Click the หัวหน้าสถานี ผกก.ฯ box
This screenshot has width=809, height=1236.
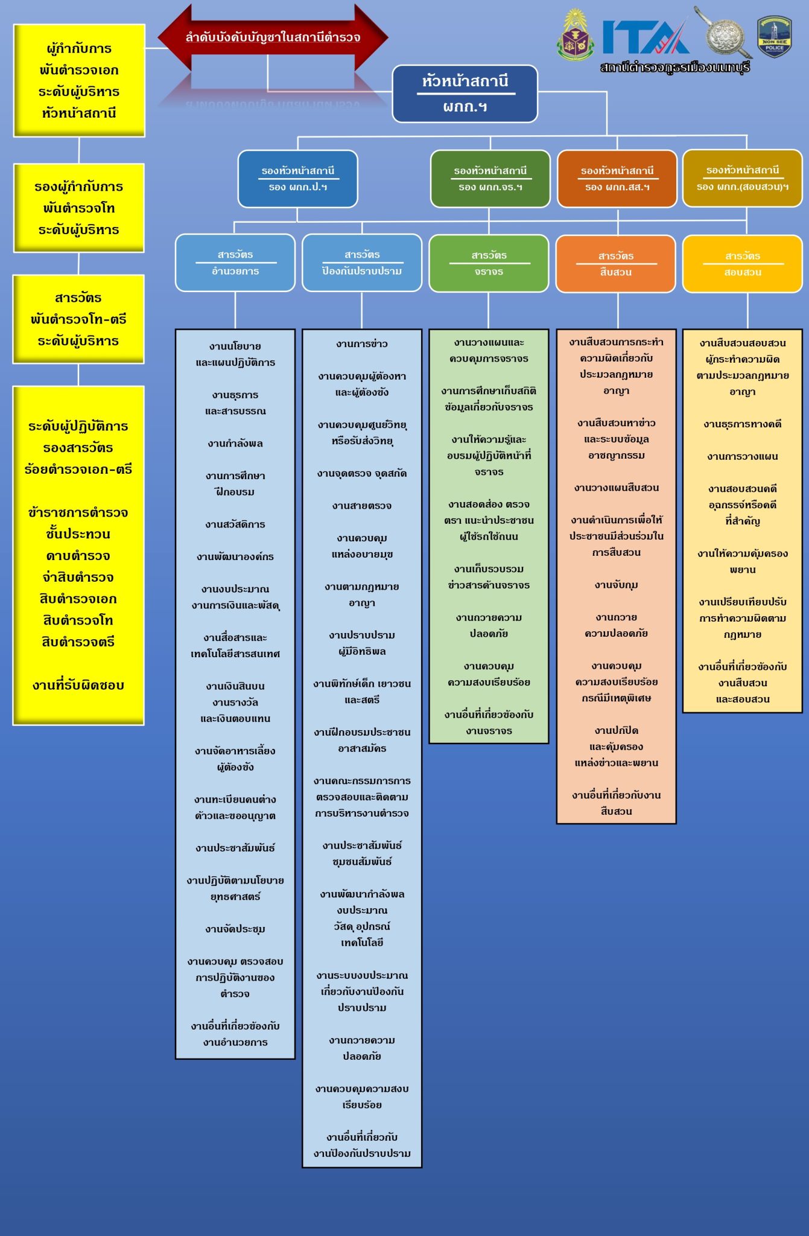pyautogui.click(x=465, y=94)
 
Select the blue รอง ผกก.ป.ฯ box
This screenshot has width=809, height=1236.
pyautogui.click(x=297, y=179)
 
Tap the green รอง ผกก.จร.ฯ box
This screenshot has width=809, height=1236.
pyautogui.click(x=490, y=179)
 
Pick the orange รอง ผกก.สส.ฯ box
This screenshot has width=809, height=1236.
pyautogui.click(x=617, y=179)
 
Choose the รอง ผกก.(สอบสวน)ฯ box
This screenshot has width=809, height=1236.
pyautogui.click(x=742, y=178)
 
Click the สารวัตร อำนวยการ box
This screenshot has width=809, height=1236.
pyautogui.click(x=235, y=263)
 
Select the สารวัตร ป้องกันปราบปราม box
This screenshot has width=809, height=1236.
pyautogui.click(x=362, y=263)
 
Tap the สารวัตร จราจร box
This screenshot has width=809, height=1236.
pyautogui.click(x=489, y=263)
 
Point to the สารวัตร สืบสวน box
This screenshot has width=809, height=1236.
pyautogui.click(x=615, y=264)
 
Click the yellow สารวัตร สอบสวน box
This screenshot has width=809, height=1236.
pyautogui.click(x=742, y=264)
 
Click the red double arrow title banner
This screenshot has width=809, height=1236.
pyautogui.click(x=273, y=37)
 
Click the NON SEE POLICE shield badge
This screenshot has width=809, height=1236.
pyautogui.click(x=774, y=36)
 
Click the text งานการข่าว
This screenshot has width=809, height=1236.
pyautogui.click(x=362, y=344)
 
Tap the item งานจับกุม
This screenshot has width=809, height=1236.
pyautogui.click(x=616, y=585)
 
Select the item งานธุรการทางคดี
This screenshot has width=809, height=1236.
pyautogui.click(x=742, y=424)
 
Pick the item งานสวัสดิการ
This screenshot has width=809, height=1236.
pyautogui.click(x=235, y=524)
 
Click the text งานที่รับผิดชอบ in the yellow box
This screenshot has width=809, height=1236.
pyautogui.click(x=78, y=685)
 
